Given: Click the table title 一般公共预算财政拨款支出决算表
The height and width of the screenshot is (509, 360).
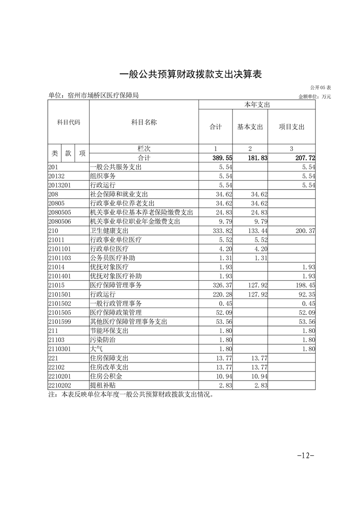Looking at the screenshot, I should pos(191,74).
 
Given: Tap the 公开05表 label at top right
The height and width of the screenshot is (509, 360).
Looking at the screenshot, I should pos(321,87).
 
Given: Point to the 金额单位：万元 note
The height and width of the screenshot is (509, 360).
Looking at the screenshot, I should pos(315,97).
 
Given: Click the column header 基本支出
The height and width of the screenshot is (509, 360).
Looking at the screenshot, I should pos(250,127).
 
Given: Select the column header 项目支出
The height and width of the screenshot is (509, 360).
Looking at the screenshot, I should pos(291,127).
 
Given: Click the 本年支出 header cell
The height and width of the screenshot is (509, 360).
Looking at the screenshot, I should pos(257,105).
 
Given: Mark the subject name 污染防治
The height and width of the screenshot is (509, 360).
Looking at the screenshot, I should pos(103,339).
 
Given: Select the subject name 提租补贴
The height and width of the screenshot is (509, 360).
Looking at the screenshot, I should pos(103,385).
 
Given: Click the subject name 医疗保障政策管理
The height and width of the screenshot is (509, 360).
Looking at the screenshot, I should pos(116,312).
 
